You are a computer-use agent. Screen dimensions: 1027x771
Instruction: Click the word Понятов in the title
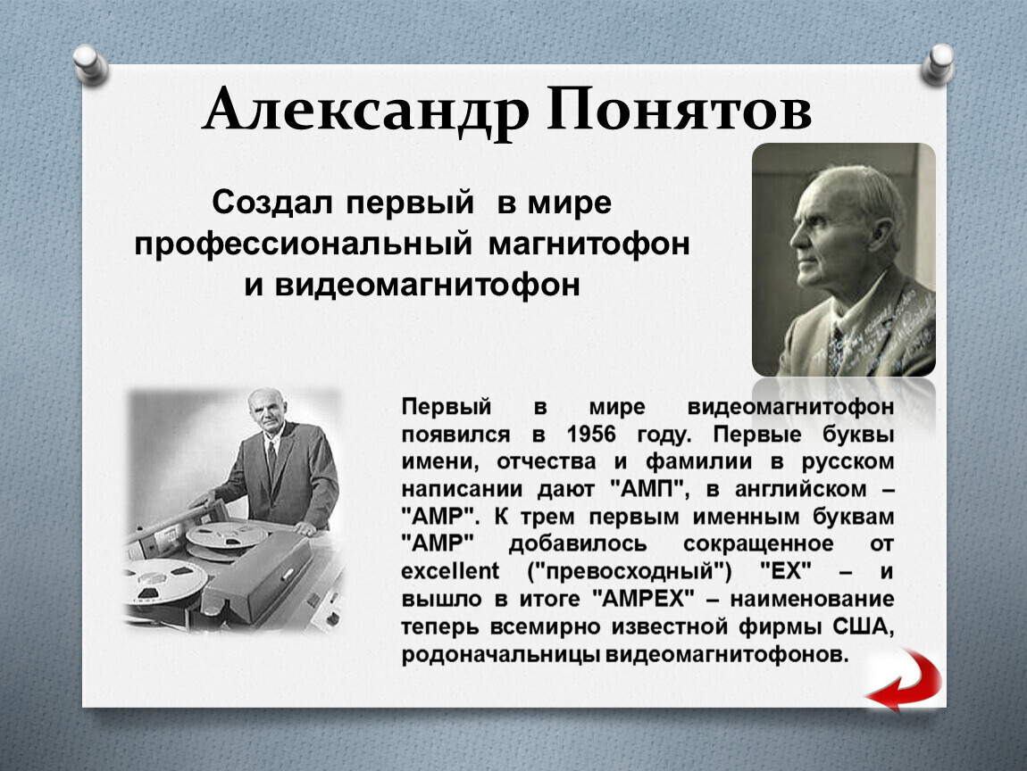click(x=680, y=109)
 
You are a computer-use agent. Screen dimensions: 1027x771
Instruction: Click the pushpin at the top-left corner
click(x=90, y=64)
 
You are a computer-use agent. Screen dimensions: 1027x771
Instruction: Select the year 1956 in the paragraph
click(x=591, y=434)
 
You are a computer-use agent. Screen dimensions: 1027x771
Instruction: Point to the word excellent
click(x=450, y=571)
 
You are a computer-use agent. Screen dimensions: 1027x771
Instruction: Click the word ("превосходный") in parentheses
click(x=630, y=571)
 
